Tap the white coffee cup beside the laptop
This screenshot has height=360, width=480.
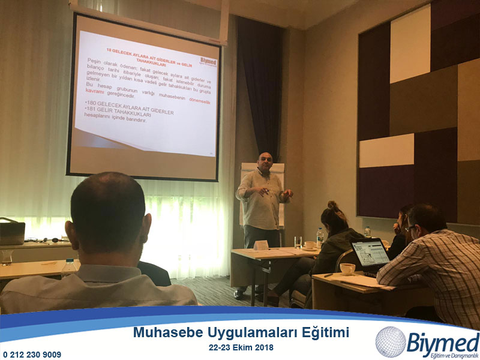click(x=347, y=269)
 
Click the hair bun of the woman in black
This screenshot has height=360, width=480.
click(x=333, y=206)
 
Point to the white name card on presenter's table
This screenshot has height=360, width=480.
click(x=260, y=245)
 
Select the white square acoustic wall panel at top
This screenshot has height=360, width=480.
click(x=410, y=44)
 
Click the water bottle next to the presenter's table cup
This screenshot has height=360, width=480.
click(x=320, y=237)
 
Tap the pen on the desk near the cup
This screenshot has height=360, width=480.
click(x=329, y=275)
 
